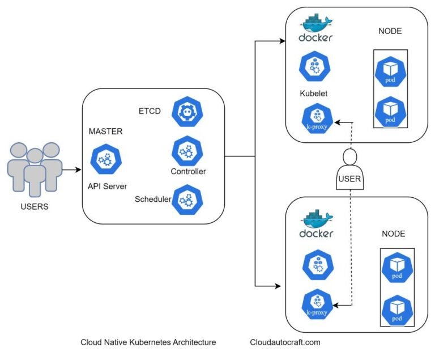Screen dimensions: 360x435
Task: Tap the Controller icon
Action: (187, 150)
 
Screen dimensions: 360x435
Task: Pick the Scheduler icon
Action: (187, 200)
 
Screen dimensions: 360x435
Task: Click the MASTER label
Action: (105, 132)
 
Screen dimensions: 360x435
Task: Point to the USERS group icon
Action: (35, 168)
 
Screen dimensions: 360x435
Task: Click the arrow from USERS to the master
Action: (72, 169)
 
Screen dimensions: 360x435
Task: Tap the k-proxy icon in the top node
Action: (316, 120)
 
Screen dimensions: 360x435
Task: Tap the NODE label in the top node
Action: (390, 31)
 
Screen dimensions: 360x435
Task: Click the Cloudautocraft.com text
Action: (285, 342)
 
